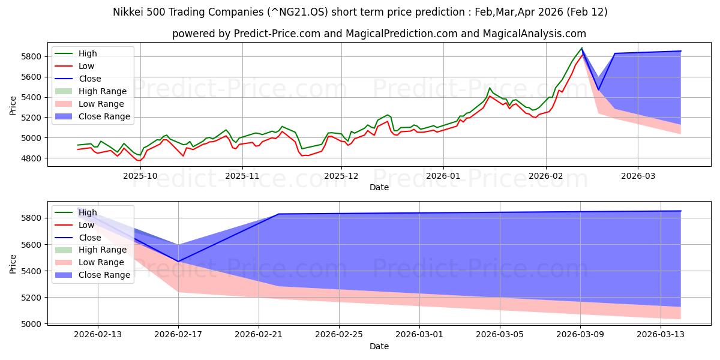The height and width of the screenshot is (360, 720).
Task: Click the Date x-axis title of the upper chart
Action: tap(379, 187)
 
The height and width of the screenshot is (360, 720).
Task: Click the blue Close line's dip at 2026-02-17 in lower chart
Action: tap(178, 262)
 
